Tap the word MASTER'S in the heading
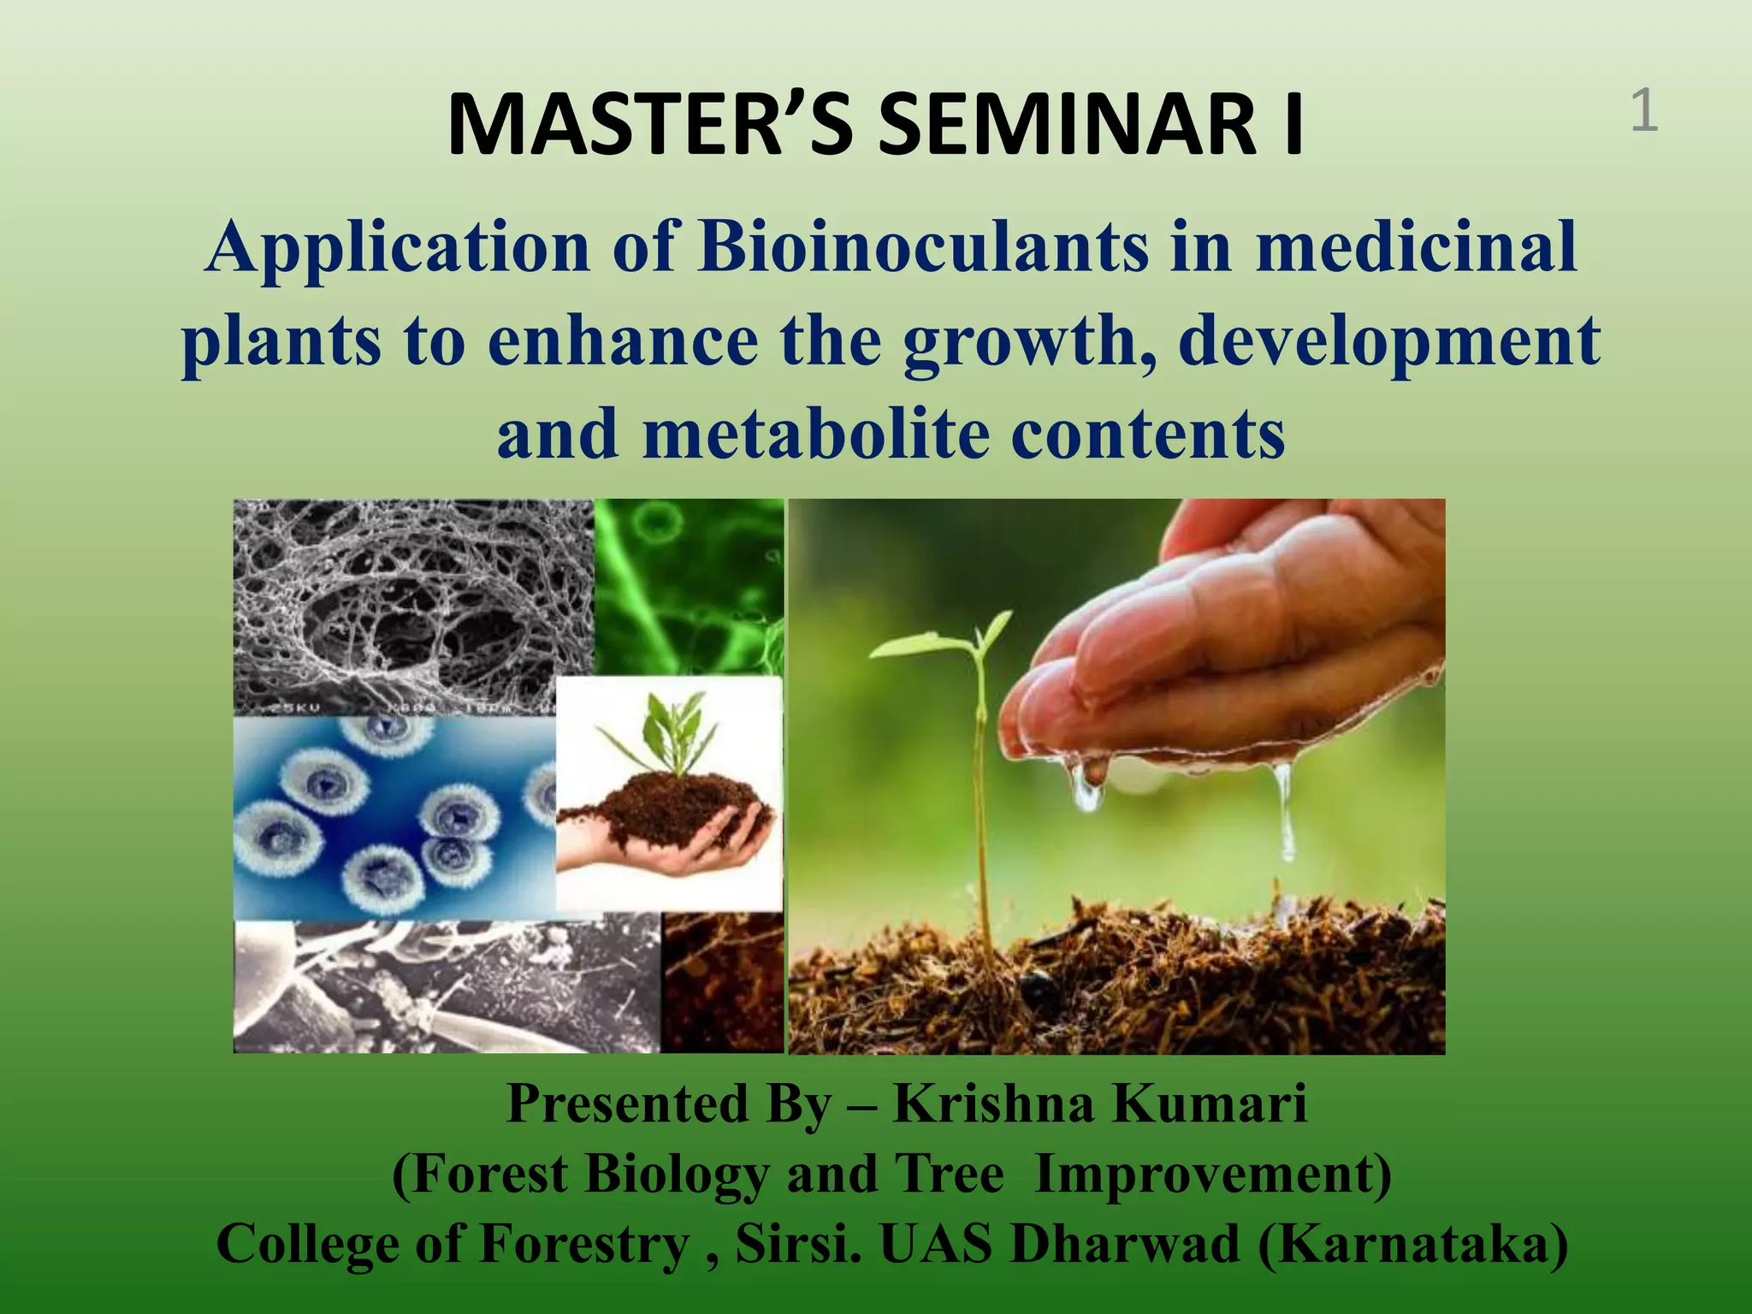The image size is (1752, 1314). (x=650, y=126)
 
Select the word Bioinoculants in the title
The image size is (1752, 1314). (x=923, y=247)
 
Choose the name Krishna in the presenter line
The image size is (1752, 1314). (x=993, y=1104)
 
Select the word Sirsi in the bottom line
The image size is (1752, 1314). (x=799, y=1244)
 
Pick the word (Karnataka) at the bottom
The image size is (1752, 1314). (x=1412, y=1244)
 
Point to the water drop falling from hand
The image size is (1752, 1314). (x=1283, y=813)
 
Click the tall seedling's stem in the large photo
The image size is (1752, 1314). (x=984, y=813)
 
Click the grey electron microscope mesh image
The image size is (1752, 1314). (x=411, y=599)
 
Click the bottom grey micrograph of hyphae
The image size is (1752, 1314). (x=445, y=984)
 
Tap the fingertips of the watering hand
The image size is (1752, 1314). (x=1069, y=684)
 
